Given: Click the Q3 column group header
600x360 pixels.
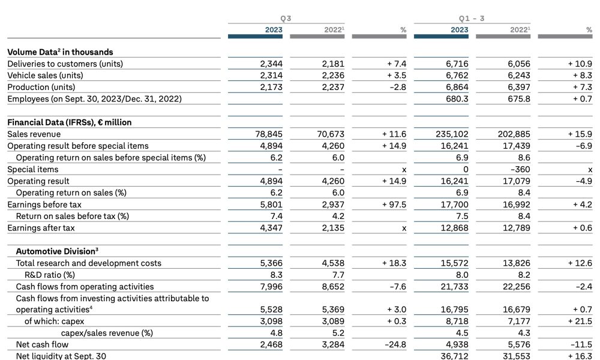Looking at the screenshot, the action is point(286,19).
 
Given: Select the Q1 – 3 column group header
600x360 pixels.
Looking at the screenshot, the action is point(472,19).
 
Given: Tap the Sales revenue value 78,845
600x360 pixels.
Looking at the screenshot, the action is point(269,134).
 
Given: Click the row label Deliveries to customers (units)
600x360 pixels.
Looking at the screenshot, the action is point(65,64).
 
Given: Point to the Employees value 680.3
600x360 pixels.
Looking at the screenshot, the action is point(457,99).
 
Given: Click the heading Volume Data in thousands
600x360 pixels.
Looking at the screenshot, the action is point(60,52).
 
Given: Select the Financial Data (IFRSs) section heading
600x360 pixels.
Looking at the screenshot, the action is point(69,122).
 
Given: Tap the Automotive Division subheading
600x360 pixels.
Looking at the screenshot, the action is point(57,251).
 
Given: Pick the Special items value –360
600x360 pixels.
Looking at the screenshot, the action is point(520,169).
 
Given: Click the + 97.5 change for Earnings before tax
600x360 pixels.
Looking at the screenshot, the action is point(394,205).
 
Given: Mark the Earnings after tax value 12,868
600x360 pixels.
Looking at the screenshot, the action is point(455,228).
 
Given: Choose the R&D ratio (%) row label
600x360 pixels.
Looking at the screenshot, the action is point(50,275).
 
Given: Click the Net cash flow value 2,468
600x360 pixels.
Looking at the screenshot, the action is point(271,344).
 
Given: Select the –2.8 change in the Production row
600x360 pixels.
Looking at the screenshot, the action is point(398,87).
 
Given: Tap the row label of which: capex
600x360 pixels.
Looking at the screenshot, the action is point(54,322).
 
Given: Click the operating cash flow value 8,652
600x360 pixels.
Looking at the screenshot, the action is point(333,287).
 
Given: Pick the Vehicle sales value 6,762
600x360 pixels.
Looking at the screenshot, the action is point(457,76).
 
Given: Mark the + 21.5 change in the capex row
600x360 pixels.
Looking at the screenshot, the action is point(580,322).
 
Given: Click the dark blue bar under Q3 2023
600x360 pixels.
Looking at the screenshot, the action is point(255,37).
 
